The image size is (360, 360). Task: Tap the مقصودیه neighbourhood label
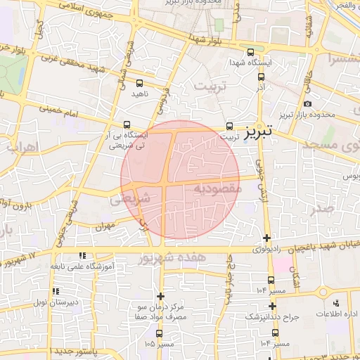click(x=217, y=188)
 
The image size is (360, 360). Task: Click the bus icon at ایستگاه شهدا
click(x=250, y=52)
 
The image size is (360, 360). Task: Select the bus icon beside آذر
click(x=261, y=77)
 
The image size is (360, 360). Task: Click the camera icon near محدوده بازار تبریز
click(x=307, y=104)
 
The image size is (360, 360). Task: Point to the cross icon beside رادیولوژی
click(x=266, y=238)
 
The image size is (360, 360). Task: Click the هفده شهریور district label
click(x=174, y=258)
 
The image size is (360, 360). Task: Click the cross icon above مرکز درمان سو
click(x=161, y=297)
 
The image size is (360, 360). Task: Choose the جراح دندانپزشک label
click(x=271, y=317)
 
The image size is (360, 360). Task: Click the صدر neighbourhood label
click(x=323, y=208)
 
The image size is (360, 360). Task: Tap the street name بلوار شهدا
click(x=210, y=41)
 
